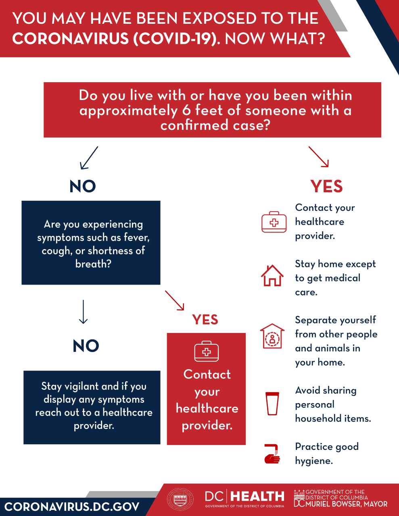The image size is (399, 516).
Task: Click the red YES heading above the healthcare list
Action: click(326, 187)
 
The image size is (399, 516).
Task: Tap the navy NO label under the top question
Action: click(83, 187)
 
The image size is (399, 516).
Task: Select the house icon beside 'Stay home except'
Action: click(272, 276)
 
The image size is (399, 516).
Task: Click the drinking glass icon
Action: click(272, 403)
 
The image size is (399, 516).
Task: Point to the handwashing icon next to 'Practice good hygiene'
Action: click(272, 454)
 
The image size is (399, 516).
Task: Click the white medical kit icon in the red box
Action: click(206, 352)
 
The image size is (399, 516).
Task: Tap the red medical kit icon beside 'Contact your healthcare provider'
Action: click(274, 222)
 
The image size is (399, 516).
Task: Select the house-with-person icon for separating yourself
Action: click(272, 336)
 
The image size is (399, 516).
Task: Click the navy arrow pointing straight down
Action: click(83, 312)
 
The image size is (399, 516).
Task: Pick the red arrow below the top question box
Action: click(319, 157)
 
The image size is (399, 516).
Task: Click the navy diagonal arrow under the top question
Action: click(89, 158)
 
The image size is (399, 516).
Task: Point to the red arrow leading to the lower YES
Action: click(174, 300)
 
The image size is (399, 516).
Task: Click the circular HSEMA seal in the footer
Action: click(180, 499)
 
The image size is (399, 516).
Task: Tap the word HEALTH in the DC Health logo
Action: click(258, 496)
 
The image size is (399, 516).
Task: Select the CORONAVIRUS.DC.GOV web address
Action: click(72, 507)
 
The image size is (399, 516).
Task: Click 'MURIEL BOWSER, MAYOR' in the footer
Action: click(346, 504)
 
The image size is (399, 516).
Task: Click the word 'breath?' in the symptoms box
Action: click(93, 264)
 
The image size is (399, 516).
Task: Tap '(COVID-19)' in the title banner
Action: click(177, 39)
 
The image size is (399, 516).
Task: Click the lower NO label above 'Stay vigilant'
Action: click(86, 346)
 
